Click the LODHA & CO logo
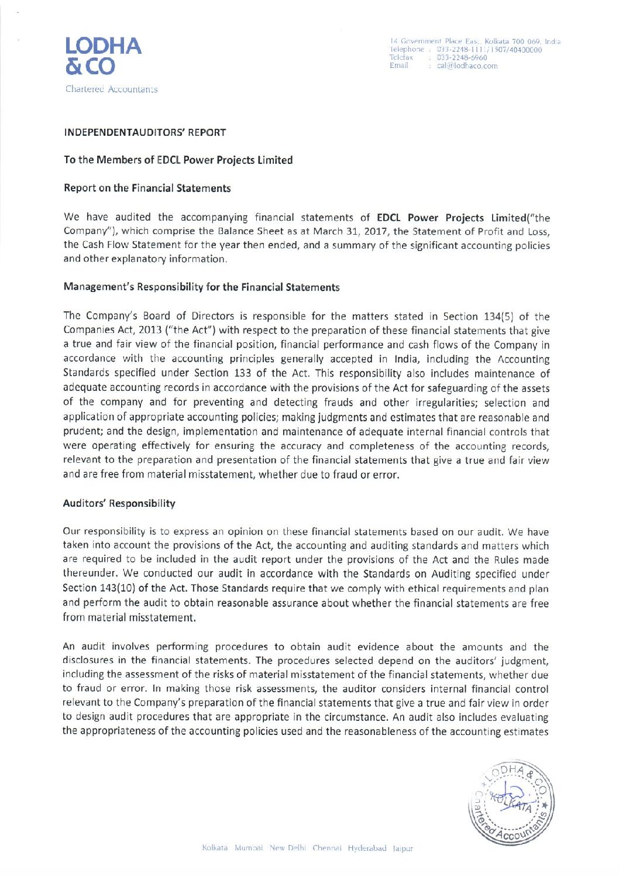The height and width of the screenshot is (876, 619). pyautogui.click(x=103, y=56)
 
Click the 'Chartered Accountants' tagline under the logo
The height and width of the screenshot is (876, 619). pyautogui.click(x=111, y=90)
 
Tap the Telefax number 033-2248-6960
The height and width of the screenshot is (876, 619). pyautogui.click(x=462, y=58)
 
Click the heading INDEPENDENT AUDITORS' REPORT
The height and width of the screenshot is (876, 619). pyautogui.click(x=145, y=133)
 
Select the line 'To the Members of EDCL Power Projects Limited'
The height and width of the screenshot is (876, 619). pyautogui.click(x=178, y=160)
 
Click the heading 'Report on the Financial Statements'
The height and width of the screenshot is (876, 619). pyautogui.click(x=147, y=188)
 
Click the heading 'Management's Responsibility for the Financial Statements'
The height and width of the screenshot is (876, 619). pyautogui.click(x=201, y=287)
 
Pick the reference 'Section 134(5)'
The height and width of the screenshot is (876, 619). pyautogui.click(x=479, y=317)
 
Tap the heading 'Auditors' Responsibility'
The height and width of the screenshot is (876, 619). pyautogui.click(x=119, y=504)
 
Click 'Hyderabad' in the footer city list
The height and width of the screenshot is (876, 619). pyautogui.click(x=367, y=848)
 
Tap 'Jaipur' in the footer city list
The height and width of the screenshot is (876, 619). pyautogui.click(x=403, y=848)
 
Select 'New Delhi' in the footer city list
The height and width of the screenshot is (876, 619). pyautogui.click(x=287, y=848)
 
